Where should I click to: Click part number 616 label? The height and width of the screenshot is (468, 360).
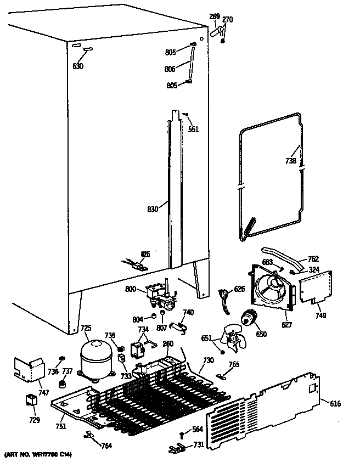(335, 404)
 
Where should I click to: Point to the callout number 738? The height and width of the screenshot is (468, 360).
(291, 161)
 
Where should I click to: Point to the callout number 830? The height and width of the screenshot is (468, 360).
(153, 209)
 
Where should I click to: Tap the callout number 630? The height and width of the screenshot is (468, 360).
(78, 66)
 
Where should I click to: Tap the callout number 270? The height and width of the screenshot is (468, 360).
(227, 20)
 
